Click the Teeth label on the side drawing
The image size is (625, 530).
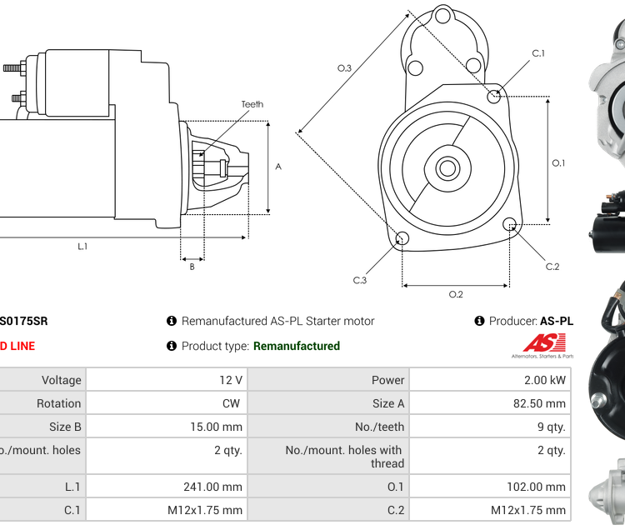coord(252,104)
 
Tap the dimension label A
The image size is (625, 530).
coord(278,167)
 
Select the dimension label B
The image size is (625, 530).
coord(192,267)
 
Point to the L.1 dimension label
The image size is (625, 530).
coord(82,246)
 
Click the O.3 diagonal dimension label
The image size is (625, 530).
coord(343,68)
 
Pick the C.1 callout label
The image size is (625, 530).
coord(538,53)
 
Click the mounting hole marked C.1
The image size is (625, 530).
coord(494,97)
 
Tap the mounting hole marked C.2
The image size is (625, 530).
coord(510,223)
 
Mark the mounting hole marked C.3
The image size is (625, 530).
coord(401,240)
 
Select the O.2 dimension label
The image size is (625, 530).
coord(456,294)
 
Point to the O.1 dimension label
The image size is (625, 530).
coord(558,163)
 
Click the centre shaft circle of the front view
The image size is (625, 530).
coord(447,168)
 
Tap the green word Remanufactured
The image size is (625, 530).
coord(297,346)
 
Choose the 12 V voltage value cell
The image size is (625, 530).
coord(231,380)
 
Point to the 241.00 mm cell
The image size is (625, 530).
coord(212,487)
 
